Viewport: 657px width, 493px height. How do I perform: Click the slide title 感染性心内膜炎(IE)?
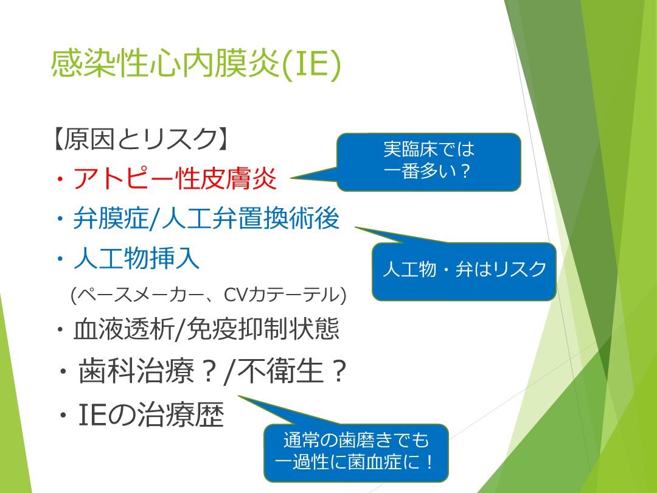pyautogui.click(x=196, y=64)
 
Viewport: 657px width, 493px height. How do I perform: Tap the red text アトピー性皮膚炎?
pyautogui.click(x=175, y=178)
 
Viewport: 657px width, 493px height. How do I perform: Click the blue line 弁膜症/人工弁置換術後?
pyautogui.click(x=206, y=218)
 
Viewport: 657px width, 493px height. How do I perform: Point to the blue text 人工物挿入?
pyautogui.click(x=137, y=258)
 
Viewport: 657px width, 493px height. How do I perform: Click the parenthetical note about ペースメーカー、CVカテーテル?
pyautogui.click(x=209, y=295)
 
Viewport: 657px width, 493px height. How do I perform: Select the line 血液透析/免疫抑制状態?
pyautogui.click(x=206, y=329)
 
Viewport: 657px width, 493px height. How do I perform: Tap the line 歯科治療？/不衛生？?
pyautogui.click(x=212, y=371)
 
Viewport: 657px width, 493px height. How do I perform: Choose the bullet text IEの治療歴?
pyautogui.click(x=151, y=414)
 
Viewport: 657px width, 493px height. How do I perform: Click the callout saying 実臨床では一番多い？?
pyautogui.click(x=429, y=162)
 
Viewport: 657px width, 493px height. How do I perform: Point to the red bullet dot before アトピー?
pyautogui.click(x=60, y=180)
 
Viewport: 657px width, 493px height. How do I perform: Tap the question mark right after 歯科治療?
pyautogui.click(x=208, y=371)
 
